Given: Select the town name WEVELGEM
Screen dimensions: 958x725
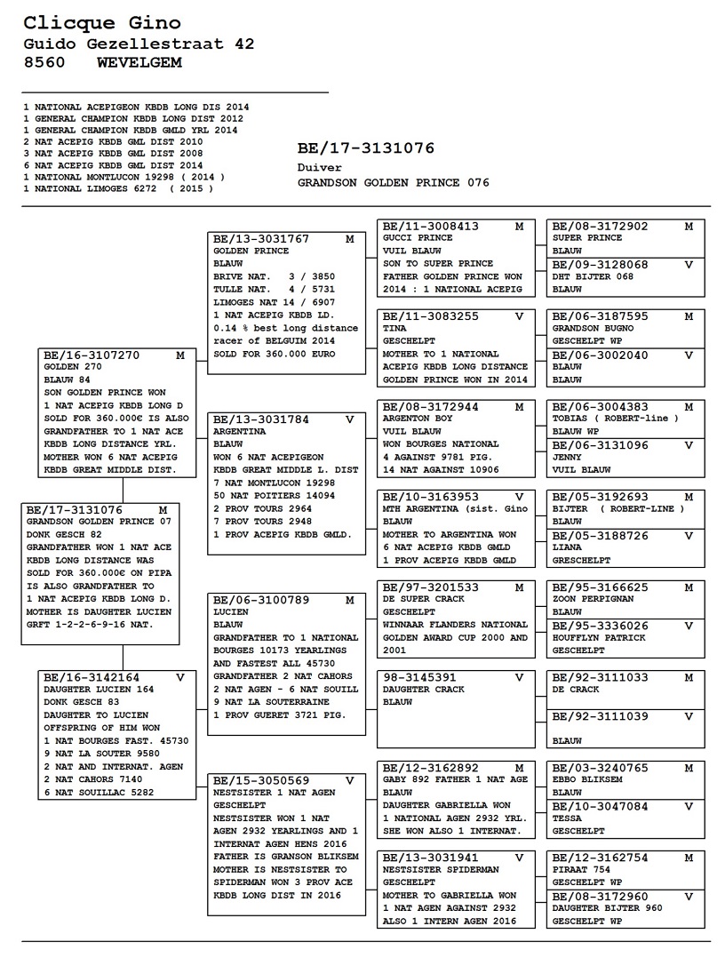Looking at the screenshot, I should tap(139, 62).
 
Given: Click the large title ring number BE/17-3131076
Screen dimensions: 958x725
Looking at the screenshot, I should tap(365, 148).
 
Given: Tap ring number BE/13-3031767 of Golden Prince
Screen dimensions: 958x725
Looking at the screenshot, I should tap(261, 239).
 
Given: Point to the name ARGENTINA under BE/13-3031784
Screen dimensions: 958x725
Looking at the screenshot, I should tap(240, 431).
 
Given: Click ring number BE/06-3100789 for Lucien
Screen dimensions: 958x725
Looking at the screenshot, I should tap(261, 600).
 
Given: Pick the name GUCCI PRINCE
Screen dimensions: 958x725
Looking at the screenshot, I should tap(418, 238).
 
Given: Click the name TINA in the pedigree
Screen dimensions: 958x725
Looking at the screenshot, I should tap(394, 328).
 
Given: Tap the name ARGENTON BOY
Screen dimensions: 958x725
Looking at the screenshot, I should tap(418, 419).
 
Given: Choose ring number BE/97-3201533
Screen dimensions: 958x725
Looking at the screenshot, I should tap(430, 587).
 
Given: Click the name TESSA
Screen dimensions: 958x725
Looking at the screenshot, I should tap(567, 818).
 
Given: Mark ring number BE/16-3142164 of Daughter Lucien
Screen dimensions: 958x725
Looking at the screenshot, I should tap(92, 677).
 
